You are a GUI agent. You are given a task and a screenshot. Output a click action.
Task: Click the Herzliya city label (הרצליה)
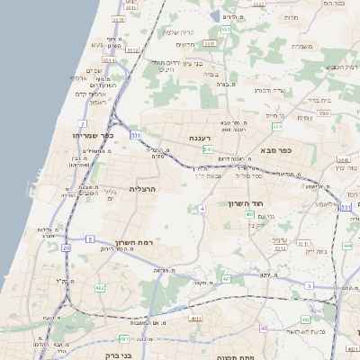(x=142, y=189)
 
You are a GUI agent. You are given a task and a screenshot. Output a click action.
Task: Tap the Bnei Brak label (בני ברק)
(x=112, y=355)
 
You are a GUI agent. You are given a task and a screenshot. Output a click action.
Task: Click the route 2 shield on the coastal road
(x=83, y=123)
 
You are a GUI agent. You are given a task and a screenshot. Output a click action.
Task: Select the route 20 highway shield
(x=66, y=247)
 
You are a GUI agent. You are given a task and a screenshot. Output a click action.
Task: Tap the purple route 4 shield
(x=202, y=208)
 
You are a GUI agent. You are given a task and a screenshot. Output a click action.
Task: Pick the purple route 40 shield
(x=264, y=328)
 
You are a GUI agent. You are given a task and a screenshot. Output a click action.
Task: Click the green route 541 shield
(x=208, y=149)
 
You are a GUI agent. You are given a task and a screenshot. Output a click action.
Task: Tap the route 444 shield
(x=346, y=245)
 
